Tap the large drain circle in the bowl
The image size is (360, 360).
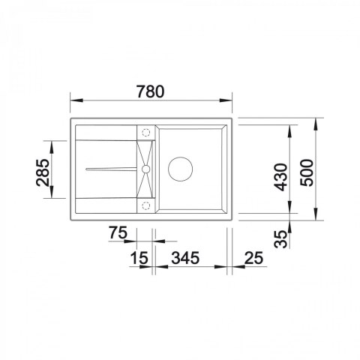(x=181, y=169)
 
